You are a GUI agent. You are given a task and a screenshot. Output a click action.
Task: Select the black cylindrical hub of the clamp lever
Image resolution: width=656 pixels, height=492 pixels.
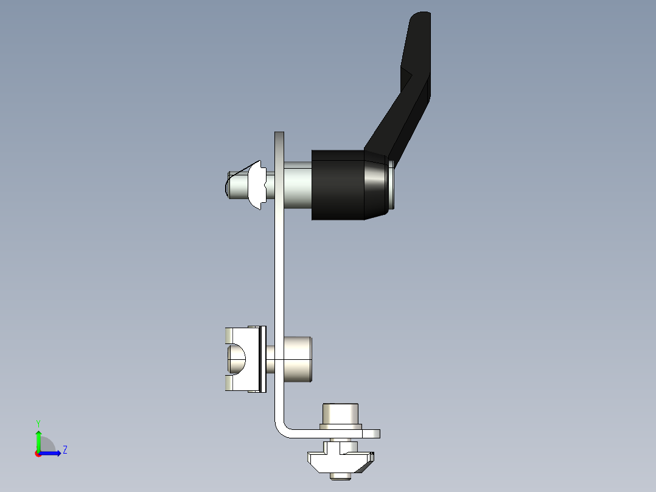[338, 184]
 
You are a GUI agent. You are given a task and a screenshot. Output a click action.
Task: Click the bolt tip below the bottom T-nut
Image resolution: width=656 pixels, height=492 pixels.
[341, 476]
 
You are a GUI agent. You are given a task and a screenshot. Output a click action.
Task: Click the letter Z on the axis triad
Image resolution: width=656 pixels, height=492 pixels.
[65, 450]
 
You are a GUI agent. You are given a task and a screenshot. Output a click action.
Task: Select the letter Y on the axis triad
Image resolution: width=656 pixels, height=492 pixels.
[38, 423]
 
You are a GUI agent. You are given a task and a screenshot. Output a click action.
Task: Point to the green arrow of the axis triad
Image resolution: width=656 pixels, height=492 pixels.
[38, 440]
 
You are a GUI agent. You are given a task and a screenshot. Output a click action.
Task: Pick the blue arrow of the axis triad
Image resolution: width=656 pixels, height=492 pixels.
[54, 452]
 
